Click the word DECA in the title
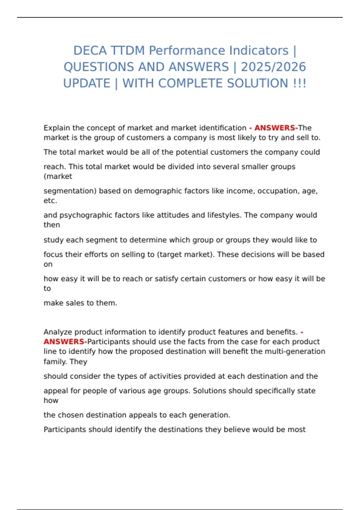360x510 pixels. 90,51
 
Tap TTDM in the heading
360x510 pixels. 128,51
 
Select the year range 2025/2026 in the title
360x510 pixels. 273,67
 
